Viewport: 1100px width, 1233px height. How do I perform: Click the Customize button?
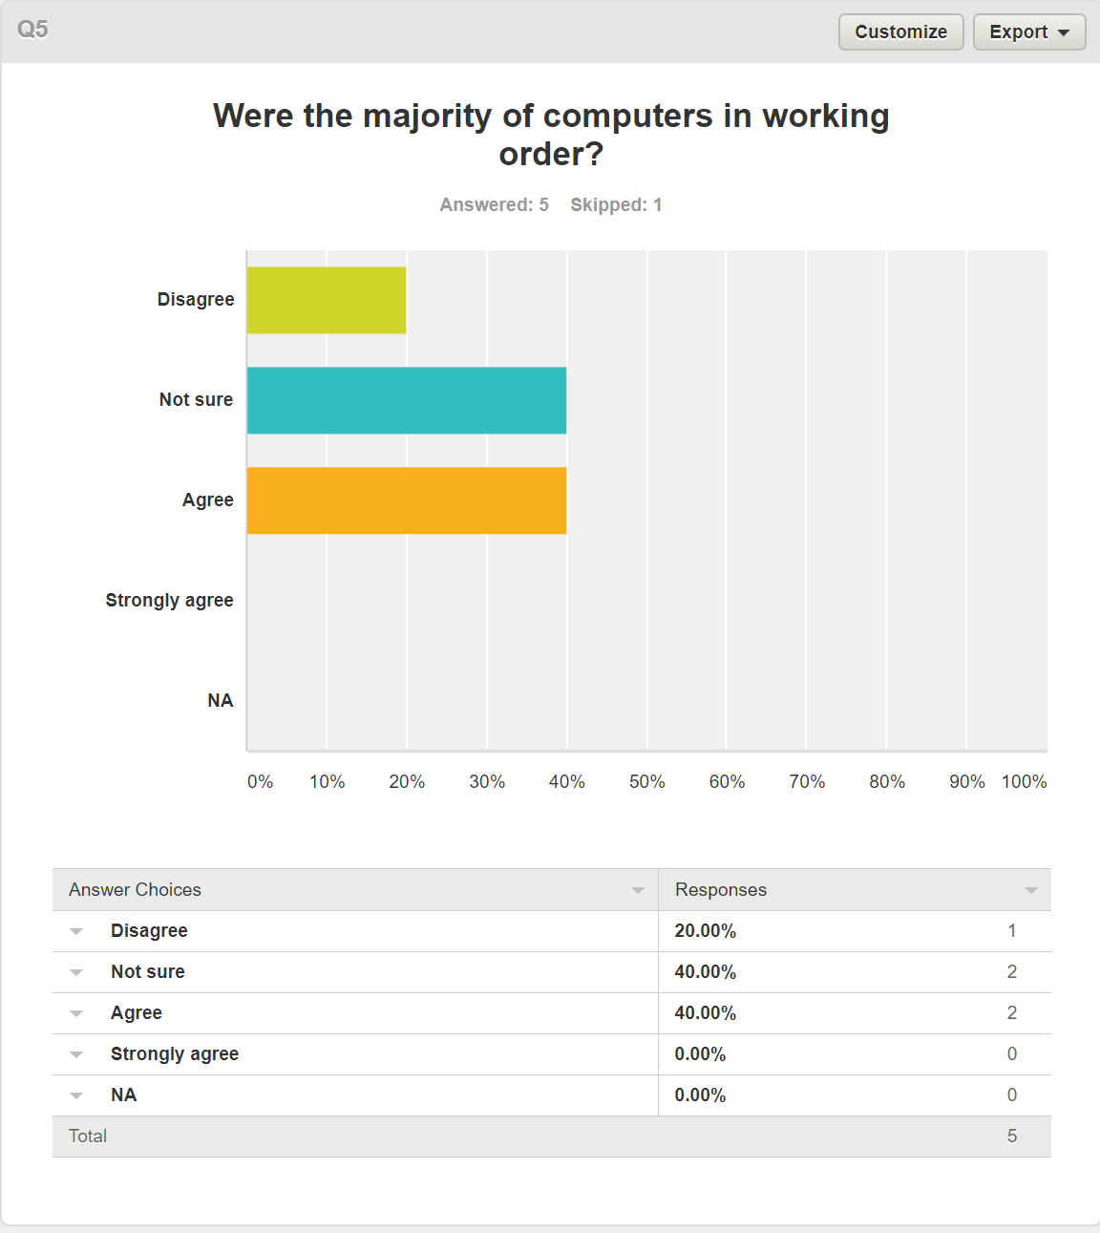(900, 32)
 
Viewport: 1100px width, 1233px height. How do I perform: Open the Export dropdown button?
(1028, 32)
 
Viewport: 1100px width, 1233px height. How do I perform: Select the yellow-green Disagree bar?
(327, 300)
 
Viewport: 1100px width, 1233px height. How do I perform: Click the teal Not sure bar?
(407, 400)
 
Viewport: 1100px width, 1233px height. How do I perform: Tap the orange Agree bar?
(407, 500)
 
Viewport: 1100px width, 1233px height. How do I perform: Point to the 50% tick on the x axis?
(646, 781)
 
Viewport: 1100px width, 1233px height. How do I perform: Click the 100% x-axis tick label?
(1024, 781)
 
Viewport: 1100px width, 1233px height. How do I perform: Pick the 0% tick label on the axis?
(260, 781)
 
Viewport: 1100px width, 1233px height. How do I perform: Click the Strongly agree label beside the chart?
(169, 600)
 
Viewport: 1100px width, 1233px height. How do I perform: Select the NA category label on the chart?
(220, 700)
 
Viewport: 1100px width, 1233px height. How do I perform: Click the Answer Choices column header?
(136, 889)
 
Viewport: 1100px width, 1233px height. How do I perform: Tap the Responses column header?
(721, 889)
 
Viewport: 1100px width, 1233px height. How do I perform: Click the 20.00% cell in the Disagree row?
(705, 931)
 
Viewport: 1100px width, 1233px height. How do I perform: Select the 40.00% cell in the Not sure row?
(705, 972)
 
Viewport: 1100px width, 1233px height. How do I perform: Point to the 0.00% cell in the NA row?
(700, 1095)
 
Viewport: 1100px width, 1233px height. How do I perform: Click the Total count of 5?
(1012, 1137)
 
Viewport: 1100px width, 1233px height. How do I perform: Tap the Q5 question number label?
(32, 30)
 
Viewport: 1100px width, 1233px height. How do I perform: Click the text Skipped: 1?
(616, 204)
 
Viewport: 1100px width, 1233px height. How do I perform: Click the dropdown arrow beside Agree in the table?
(77, 1013)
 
